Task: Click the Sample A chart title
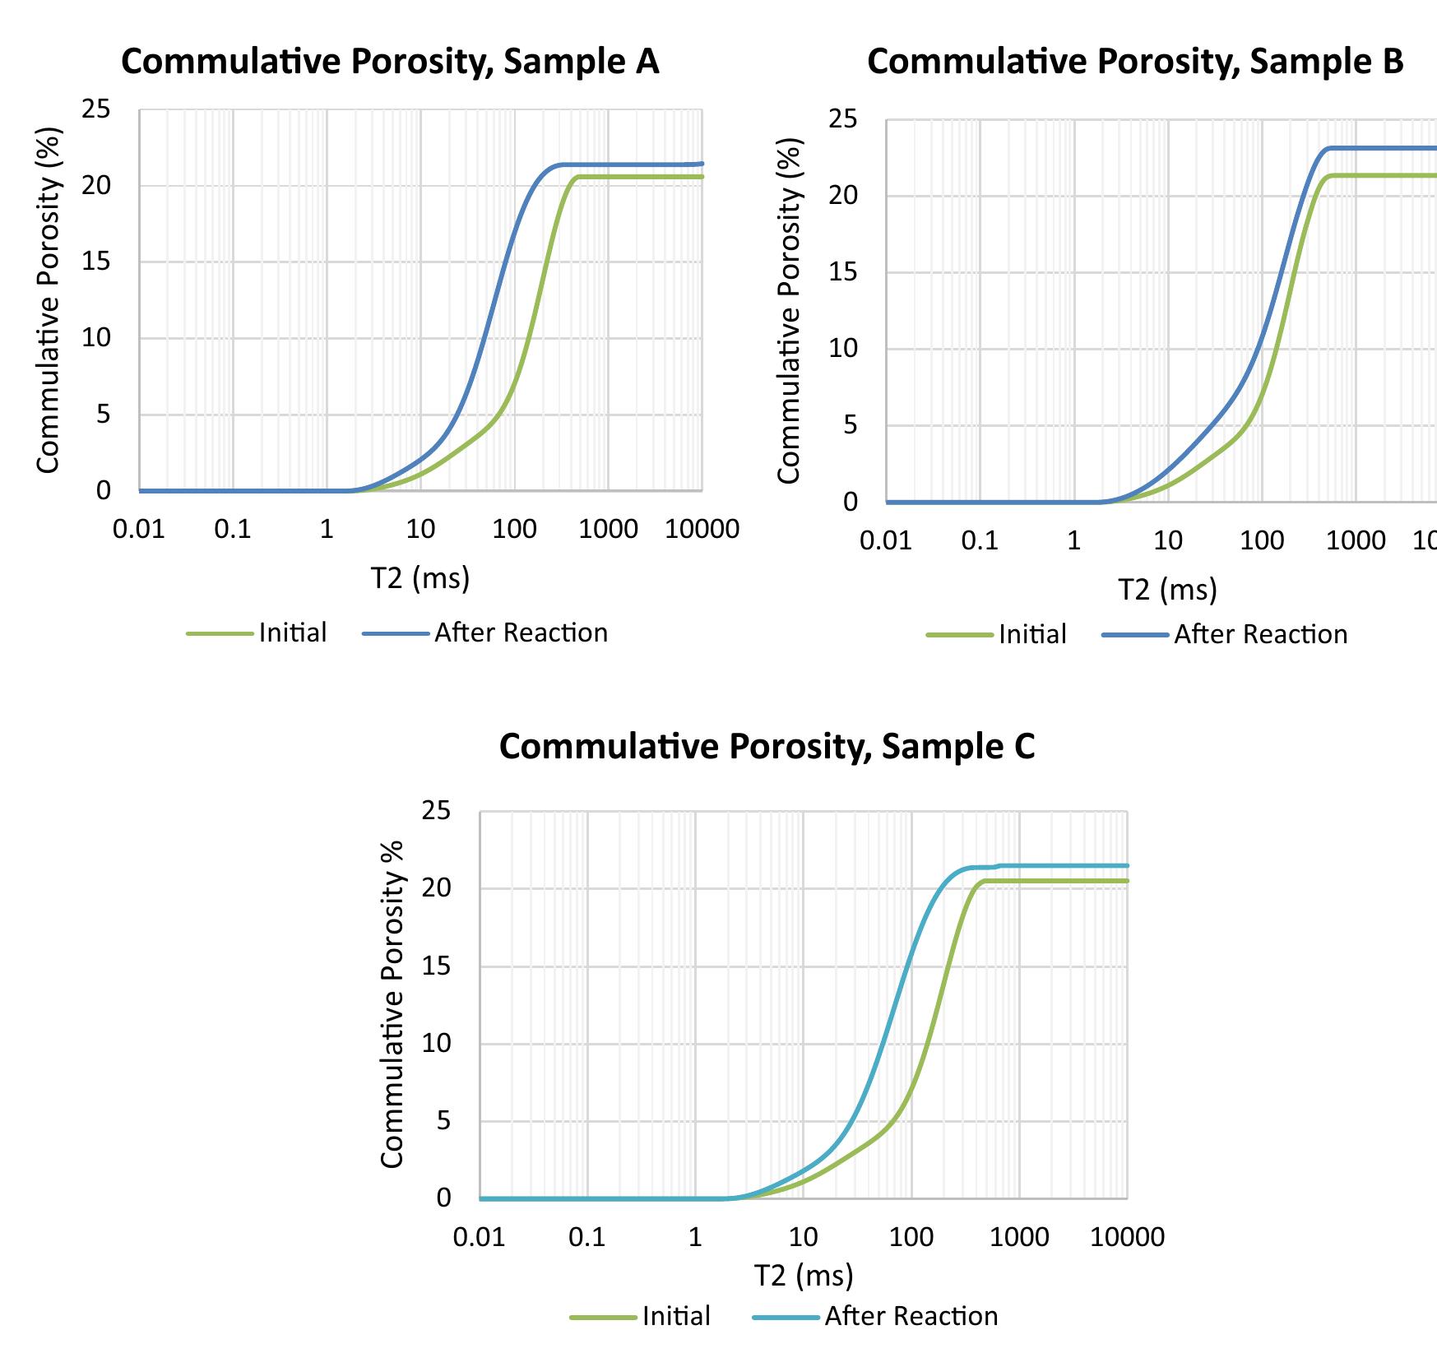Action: click(390, 63)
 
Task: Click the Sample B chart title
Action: click(1135, 63)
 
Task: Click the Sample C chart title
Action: click(767, 747)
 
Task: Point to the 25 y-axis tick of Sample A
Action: click(95, 109)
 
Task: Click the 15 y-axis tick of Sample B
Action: click(842, 272)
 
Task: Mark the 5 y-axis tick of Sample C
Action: click(443, 1120)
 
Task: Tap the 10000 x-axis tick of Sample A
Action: click(702, 529)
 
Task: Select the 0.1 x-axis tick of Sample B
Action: click(980, 540)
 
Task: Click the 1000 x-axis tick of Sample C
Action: click(1018, 1237)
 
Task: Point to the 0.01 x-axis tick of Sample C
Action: click(479, 1237)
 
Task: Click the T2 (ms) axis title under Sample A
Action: click(420, 578)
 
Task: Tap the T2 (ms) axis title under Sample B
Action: click(1167, 590)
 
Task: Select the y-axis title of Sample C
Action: click(393, 1003)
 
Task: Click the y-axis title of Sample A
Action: click(49, 300)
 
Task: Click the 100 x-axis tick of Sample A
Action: click(514, 529)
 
